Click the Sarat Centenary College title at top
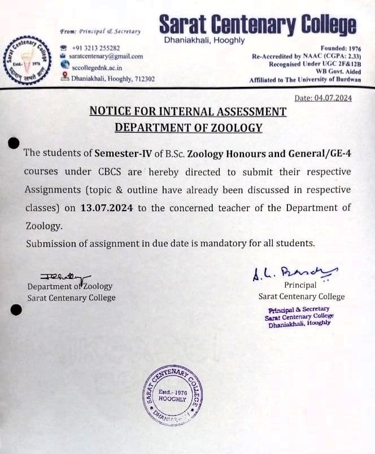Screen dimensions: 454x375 pos(258,25)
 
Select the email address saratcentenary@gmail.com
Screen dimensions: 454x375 pos(106,56)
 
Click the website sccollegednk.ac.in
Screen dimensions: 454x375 pos(97,67)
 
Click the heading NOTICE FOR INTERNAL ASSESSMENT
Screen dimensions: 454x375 pos(187,111)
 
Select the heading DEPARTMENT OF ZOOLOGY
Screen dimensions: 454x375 pos(189,128)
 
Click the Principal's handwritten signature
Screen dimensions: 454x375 pos(293,274)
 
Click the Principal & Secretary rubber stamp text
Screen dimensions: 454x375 pos(299,317)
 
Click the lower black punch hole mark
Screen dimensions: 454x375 pos(16,309)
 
